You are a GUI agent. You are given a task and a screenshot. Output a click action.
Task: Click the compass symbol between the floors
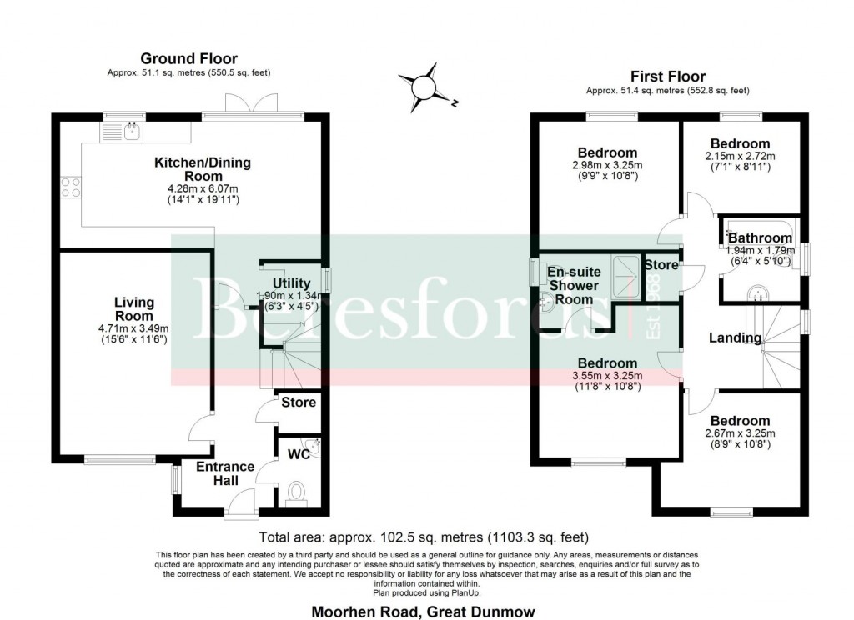tap(424, 86)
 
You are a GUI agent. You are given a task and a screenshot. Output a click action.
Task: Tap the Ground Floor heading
tap(188, 58)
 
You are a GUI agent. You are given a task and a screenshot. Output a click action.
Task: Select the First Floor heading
tap(667, 77)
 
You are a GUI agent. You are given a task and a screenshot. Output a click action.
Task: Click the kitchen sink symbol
tap(122, 131)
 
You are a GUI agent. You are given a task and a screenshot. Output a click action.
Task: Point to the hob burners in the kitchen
tap(70, 187)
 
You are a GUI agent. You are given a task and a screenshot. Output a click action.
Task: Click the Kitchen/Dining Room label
tap(191, 169)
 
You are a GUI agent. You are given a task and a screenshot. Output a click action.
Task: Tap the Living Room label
tap(133, 309)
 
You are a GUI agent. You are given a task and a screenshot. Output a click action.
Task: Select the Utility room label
tap(291, 283)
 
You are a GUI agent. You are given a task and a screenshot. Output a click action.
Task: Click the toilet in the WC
tap(297, 492)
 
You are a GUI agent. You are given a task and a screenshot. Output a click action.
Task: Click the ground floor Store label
tap(299, 402)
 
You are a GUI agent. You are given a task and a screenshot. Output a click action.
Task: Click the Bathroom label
tap(760, 238)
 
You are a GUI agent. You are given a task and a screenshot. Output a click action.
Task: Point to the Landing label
tap(735, 337)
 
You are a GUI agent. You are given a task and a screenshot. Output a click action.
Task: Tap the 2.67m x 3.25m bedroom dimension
tap(741, 433)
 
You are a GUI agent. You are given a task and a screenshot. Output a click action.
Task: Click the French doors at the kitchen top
tap(253, 106)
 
